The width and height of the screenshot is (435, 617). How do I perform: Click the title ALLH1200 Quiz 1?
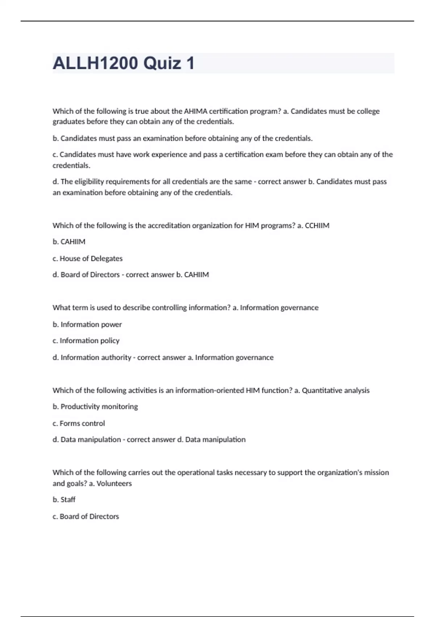click(124, 63)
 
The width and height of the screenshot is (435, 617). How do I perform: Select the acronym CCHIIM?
click(317, 225)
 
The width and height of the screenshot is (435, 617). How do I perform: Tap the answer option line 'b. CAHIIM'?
click(69, 242)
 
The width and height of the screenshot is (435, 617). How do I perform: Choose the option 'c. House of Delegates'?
click(87, 258)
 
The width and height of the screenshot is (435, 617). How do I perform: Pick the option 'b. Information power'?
click(87, 324)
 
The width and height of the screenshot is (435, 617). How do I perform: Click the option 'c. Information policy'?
click(86, 340)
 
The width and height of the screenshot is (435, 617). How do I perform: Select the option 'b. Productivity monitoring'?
click(95, 406)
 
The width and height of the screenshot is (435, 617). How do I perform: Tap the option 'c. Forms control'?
click(79, 423)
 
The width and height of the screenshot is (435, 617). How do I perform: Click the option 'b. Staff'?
click(64, 499)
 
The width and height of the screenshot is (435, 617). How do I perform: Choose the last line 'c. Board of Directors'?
click(86, 516)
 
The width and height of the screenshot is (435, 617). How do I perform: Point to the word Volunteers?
click(114, 483)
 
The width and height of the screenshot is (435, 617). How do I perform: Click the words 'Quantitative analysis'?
click(336, 391)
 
